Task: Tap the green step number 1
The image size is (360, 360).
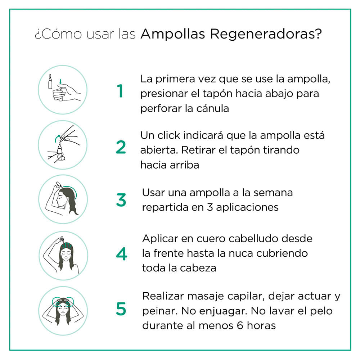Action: point(120,91)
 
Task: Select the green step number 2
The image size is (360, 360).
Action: point(121,147)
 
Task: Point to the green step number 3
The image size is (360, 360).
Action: point(121,200)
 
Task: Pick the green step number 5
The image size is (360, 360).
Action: point(121,309)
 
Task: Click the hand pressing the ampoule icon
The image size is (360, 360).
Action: point(63,90)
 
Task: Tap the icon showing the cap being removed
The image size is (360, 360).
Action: point(63,145)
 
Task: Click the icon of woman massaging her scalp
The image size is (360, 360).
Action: point(63,311)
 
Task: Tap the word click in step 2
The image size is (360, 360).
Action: point(169,136)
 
